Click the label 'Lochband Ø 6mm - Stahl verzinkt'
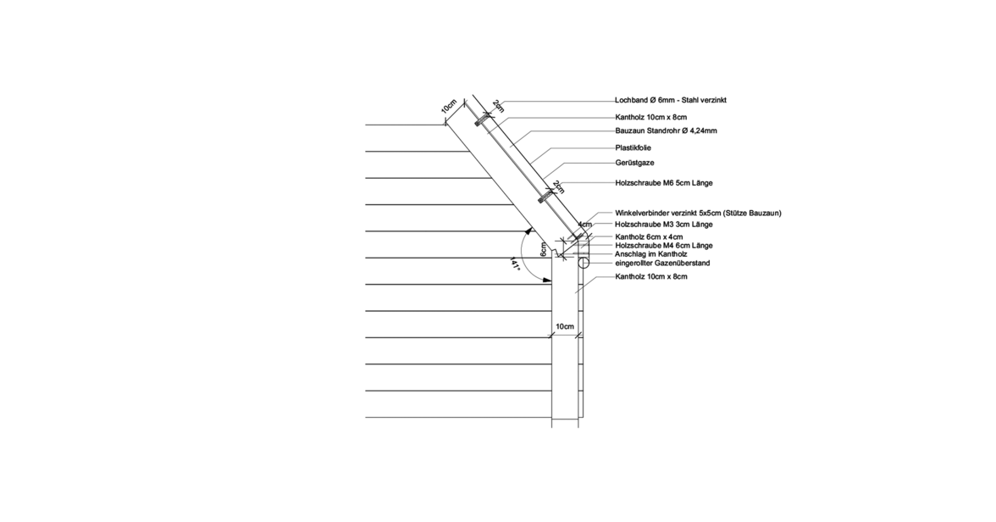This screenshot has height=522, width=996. tap(670, 101)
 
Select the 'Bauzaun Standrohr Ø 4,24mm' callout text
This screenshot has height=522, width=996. tap(667, 131)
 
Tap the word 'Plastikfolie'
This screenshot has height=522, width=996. tap(634, 148)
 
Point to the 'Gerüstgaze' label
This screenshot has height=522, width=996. tap(634, 164)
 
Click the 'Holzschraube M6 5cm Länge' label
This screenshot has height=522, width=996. tap(664, 183)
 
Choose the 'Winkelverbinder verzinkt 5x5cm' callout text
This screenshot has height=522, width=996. tap(667, 214)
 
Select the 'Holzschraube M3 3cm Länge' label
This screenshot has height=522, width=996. tap(664, 225)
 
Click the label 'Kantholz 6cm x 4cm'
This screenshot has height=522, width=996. tap(649, 237)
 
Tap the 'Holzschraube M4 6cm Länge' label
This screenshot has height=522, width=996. tap(664, 246)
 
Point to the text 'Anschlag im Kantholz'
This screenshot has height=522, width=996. tap(651, 254)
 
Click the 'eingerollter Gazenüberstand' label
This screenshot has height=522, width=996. tap(662, 264)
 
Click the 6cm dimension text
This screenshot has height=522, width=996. tap(543, 248)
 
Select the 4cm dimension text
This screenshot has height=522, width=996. tap(585, 225)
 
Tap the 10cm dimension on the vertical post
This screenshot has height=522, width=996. tap(565, 327)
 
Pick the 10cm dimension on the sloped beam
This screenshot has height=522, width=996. tap(449, 106)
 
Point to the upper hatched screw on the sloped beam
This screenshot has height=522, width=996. tap(482, 119)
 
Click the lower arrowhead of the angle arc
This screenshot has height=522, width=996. tap(547, 280)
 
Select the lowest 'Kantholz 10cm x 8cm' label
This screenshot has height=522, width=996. tap(651, 277)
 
